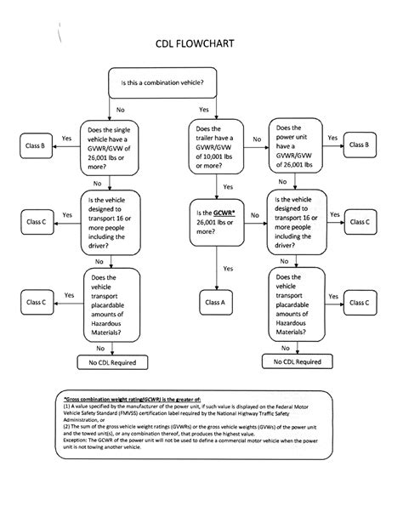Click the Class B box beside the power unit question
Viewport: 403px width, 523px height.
pos(360,145)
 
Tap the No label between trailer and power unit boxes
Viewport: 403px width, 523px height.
pos(256,138)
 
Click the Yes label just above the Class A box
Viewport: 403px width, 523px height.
pos(228,269)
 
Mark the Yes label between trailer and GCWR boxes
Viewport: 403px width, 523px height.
pos(228,187)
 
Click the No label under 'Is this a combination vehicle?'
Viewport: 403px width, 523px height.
pos(120,111)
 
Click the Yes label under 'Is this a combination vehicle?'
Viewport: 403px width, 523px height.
pos(204,111)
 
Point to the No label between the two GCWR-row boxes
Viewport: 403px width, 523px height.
pos(255,214)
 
